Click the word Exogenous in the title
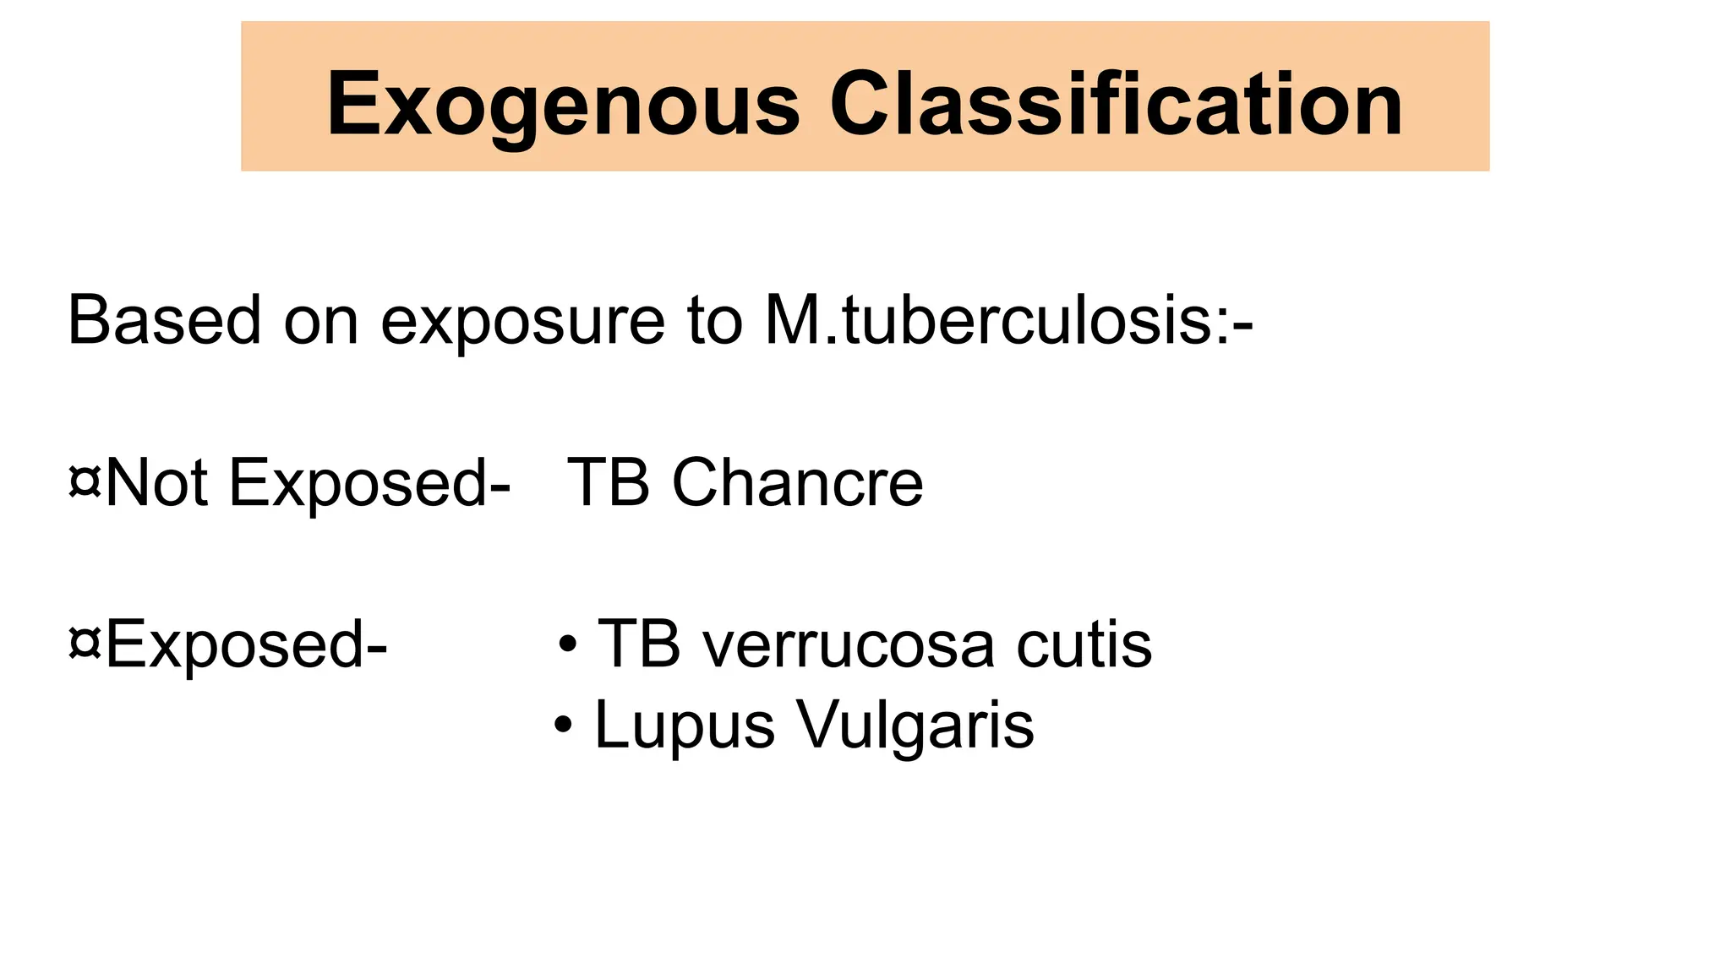pos(563,105)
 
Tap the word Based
pos(164,321)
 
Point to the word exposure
pos(522,324)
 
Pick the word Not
pos(156,483)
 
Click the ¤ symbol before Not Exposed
pos(85,483)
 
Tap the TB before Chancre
pos(608,483)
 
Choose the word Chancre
pos(797,483)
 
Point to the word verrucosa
pos(849,647)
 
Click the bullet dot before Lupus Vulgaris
pos(564,726)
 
